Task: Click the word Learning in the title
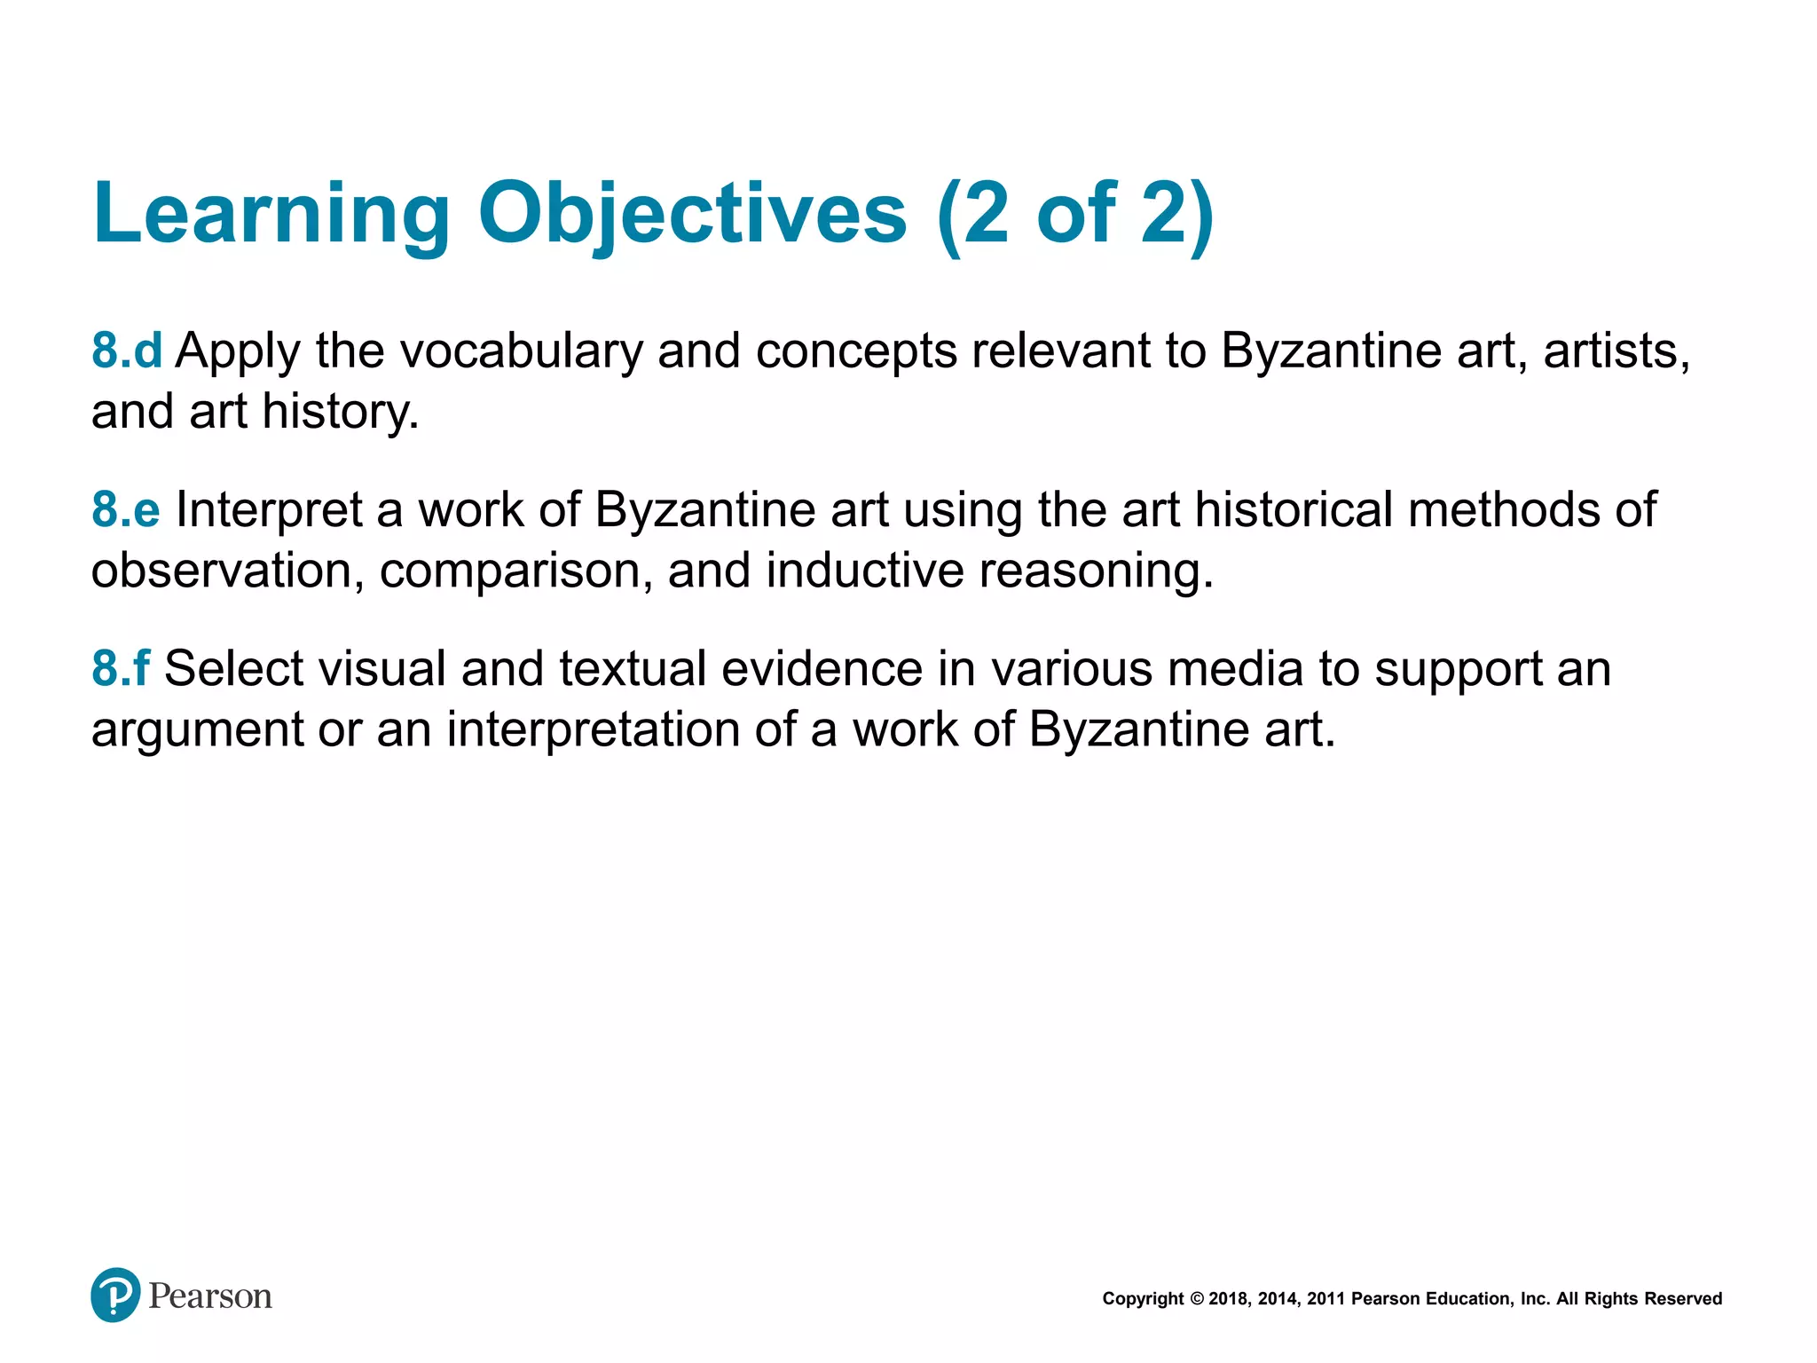coord(271,215)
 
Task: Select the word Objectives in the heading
coord(692,215)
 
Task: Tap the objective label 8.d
coord(127,351)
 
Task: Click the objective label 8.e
coord(126,510)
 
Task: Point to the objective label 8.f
coord(121,669)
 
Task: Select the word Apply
coord(238,351)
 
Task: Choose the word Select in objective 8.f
coord(233,669)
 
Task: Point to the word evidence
coord(822,669)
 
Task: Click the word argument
coord(197,730)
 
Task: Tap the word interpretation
coord(593,730)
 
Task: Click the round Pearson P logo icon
coord(115,1295)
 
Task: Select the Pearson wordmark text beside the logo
coord(210,1296)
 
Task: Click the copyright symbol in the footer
coord(1197,1299)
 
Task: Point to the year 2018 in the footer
coord(1228,1299)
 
